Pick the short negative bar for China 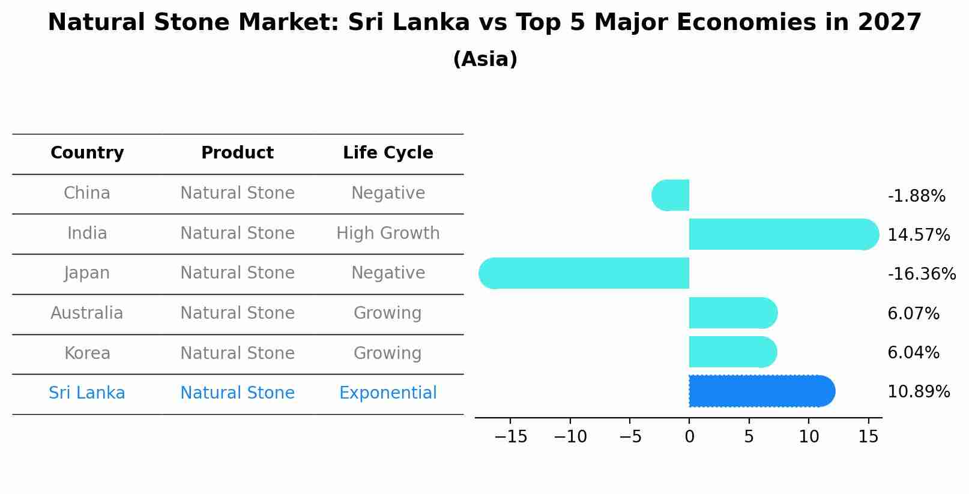coord(671,195)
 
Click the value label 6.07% coord(913,313)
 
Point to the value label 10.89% coord(918,392)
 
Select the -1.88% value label coord(916,196)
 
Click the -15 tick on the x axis coord(510,437)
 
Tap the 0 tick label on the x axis coord(689,437)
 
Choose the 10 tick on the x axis coord(809,437)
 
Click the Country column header coord(87,153)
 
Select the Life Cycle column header coord(388,153)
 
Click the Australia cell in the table coord(87,313)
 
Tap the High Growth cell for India coord(388,233)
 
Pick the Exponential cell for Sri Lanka coord(388,393)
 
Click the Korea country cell coord(87,353)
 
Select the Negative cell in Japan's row coord(388,273)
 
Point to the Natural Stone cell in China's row coord(237,193)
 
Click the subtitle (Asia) coord(484,59)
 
